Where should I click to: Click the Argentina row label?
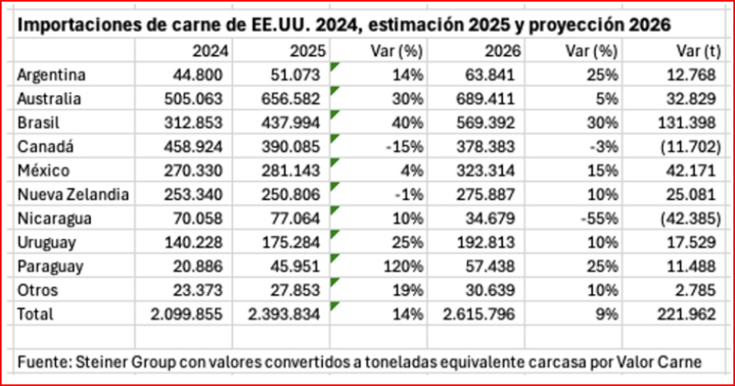(51, 74)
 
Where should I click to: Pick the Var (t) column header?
(689, 50)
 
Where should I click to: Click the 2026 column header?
(503, 50)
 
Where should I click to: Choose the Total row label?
(35, 314)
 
